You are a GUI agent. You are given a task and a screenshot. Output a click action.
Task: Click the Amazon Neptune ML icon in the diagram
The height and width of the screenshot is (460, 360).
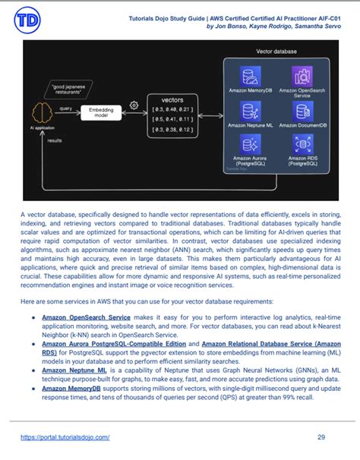[x=250, y=111]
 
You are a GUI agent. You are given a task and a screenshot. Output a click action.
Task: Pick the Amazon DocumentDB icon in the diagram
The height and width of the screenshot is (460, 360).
[x=302, y=111]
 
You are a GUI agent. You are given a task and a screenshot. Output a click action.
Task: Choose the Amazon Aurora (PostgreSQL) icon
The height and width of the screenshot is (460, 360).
[x=250, y=143]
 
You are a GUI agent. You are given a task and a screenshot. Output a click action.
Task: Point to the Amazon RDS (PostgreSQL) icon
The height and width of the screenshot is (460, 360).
[x=302, y=143]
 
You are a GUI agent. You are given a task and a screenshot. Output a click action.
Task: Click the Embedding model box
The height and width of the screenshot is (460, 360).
[x=100, y=112]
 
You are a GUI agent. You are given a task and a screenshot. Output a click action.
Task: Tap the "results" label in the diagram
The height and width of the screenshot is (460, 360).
[x=55, y=140]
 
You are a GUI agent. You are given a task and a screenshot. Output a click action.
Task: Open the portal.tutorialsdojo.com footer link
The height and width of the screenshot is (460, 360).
[x=65, y=437]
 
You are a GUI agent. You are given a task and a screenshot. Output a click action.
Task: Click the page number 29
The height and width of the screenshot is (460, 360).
[x=321, y=437]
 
